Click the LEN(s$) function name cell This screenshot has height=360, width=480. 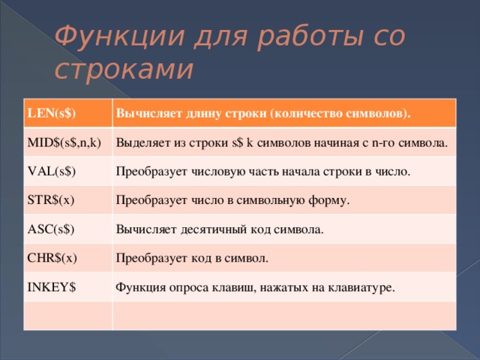(53, 113)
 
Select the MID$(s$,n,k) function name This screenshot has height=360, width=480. (64, 142)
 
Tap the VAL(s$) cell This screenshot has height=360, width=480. (55, 171)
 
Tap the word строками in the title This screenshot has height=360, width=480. (124, 69)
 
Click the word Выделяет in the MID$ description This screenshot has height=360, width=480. (141, 142)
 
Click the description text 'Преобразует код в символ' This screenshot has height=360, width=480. (192, 258)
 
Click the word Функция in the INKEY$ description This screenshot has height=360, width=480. (139, 286)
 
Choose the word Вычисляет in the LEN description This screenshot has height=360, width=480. (143, 114)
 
